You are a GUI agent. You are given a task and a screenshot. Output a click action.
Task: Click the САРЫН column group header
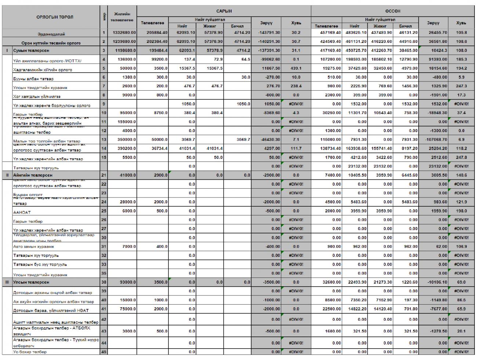pyautogui.click(x=223, y=11)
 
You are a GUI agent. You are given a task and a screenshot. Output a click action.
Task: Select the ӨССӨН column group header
pyautogui.click(x=392, y=11)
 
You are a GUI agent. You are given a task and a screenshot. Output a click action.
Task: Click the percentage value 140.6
pyautogui.click(x=461, y=175)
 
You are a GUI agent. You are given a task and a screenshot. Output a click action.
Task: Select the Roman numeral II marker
pyautogui.click(x=7, y=175)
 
